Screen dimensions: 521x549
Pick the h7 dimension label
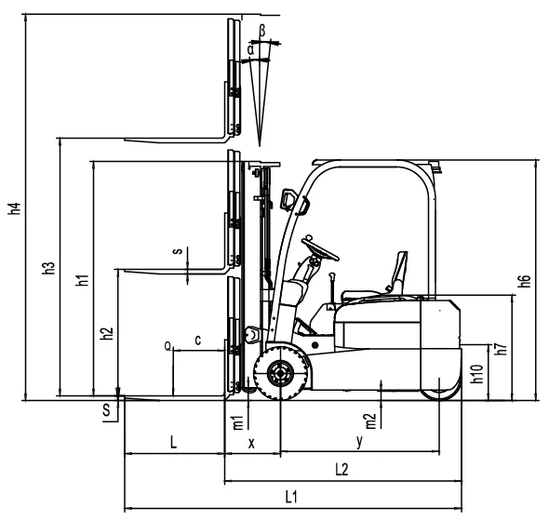click(501, 350)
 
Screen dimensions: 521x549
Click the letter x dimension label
click(251, 444)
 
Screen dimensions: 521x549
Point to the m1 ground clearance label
click(237, 421)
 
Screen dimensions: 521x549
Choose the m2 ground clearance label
click(370, 421)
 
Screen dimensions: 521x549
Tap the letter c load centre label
click(198, 340)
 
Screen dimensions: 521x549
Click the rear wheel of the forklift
click(439, 383)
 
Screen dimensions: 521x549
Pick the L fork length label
click(173, 444)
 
